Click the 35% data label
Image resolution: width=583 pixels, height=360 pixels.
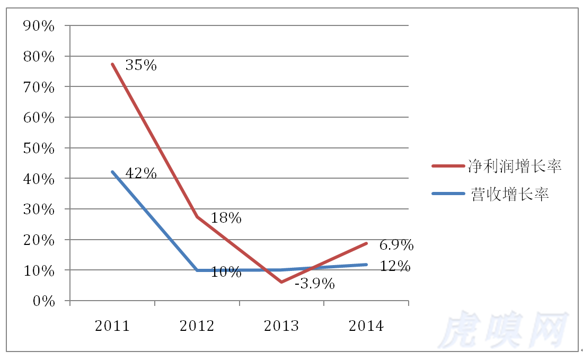click(141, 65)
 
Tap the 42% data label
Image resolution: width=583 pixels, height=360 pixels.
click(141, 173)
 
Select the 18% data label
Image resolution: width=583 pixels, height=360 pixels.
click(226, 218)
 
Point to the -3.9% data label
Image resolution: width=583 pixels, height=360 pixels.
click(314, 284)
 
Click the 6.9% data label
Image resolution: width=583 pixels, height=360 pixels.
click(396, 245)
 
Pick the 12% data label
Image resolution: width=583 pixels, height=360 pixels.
click(395, 266)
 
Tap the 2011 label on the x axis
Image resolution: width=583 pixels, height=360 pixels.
click(112, 326)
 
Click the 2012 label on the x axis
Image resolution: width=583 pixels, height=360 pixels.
click(197, 326)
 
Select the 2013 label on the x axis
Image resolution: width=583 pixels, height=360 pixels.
click(281, 326)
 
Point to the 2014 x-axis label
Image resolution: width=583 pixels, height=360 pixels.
click(366, 326)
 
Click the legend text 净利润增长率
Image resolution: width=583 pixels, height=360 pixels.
click(514, 166)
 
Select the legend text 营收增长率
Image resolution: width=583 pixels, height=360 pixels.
click(509, 194)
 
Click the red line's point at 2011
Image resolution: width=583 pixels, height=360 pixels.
click(112, 64)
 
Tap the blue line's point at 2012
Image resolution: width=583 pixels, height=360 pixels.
click(197, 270)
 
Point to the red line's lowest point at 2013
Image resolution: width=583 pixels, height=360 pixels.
click(281, 282)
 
